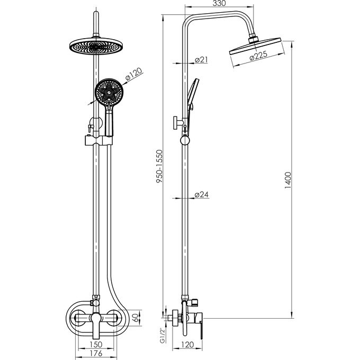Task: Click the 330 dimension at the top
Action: point(219,4)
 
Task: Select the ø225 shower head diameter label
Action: point(258,56)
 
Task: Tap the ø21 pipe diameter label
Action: point(201,60)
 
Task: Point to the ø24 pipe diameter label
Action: point(201,194)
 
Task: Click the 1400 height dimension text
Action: point(287,180)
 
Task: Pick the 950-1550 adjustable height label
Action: point(159,166)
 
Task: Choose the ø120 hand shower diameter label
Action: point(134,74)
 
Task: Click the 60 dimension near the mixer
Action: point(136,318)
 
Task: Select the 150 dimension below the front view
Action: point(95,345)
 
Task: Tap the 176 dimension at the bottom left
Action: point(95,354)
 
